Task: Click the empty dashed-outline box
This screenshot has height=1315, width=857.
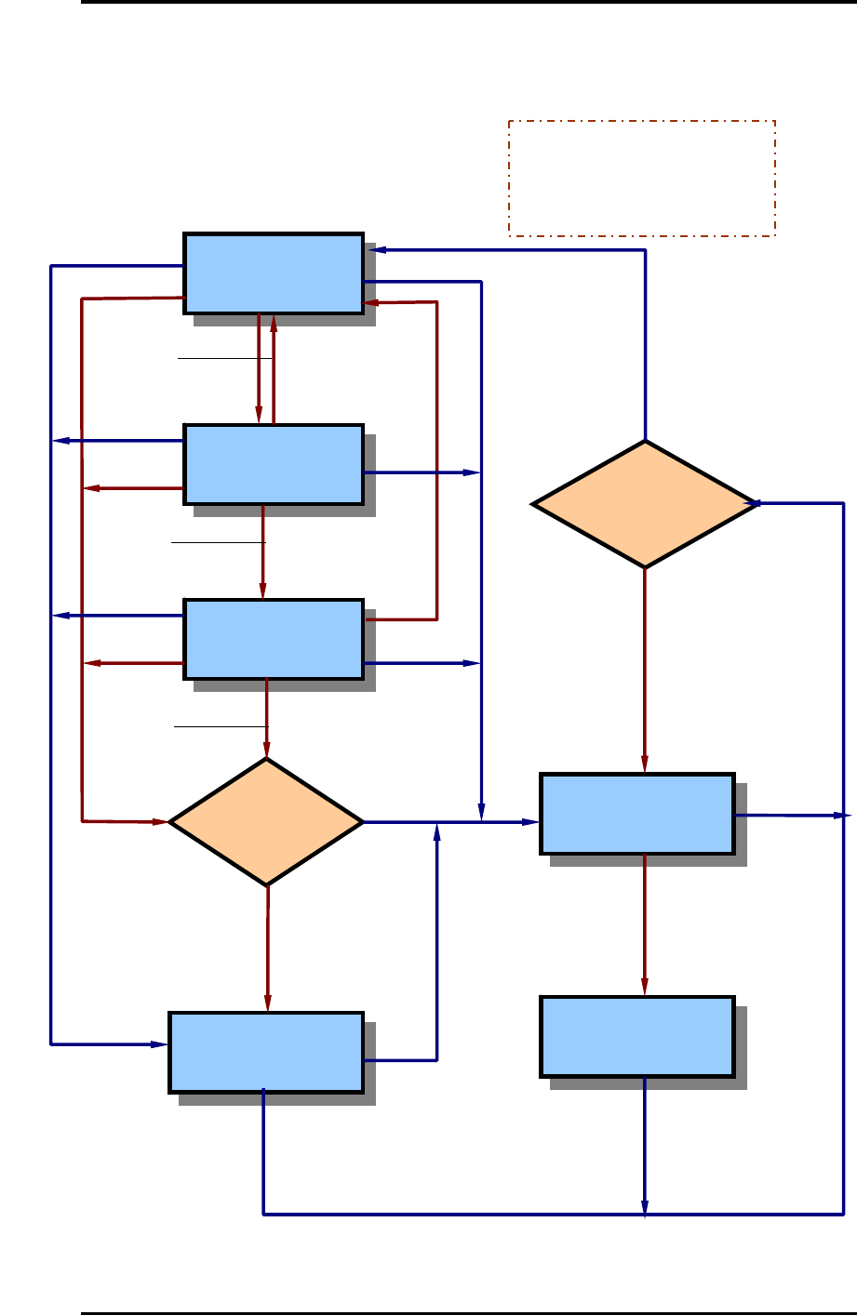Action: coord(641,178)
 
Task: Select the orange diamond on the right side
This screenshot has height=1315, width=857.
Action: coord(644,504)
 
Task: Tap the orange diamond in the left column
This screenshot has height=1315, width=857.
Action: coord(266,822)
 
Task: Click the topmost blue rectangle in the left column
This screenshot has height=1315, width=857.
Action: coord(274,273)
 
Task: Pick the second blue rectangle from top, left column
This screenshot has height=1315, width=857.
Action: coord(274,464)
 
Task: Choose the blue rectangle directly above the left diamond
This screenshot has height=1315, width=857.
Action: coord(274,639)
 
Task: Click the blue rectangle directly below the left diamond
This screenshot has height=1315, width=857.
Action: coord(266,1052)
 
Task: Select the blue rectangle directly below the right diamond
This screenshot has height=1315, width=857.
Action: coord(637,814)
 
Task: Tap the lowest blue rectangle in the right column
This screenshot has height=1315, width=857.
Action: coord(637,1037)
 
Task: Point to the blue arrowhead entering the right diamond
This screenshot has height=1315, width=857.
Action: coord(757,504)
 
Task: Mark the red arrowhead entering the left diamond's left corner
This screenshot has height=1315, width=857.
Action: coord(160,822)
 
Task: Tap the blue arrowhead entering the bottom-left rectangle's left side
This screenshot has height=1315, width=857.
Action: coord(159,1044)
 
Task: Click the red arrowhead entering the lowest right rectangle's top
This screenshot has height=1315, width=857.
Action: coord(644,988)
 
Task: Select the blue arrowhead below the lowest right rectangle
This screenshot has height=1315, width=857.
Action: coord(644,1207)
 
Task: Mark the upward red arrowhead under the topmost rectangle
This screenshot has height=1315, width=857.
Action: coord(274,324)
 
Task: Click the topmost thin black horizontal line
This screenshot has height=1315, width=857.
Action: coord(224,358)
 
